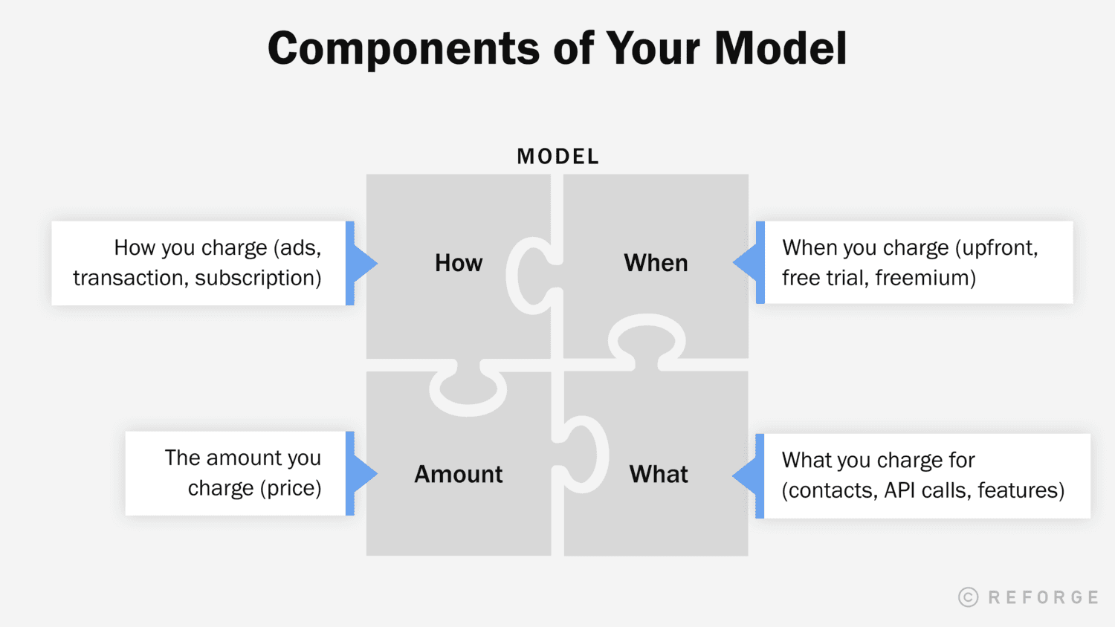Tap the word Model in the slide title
780,49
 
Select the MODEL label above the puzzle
557,157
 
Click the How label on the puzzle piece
459,263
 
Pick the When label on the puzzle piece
656,263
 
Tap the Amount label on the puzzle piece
459,474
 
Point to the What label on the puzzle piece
659,474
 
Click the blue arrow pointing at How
364,263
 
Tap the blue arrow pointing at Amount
364,473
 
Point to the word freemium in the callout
925,278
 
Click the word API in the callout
899,490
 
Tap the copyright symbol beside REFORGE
968,597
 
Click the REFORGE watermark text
1044,597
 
